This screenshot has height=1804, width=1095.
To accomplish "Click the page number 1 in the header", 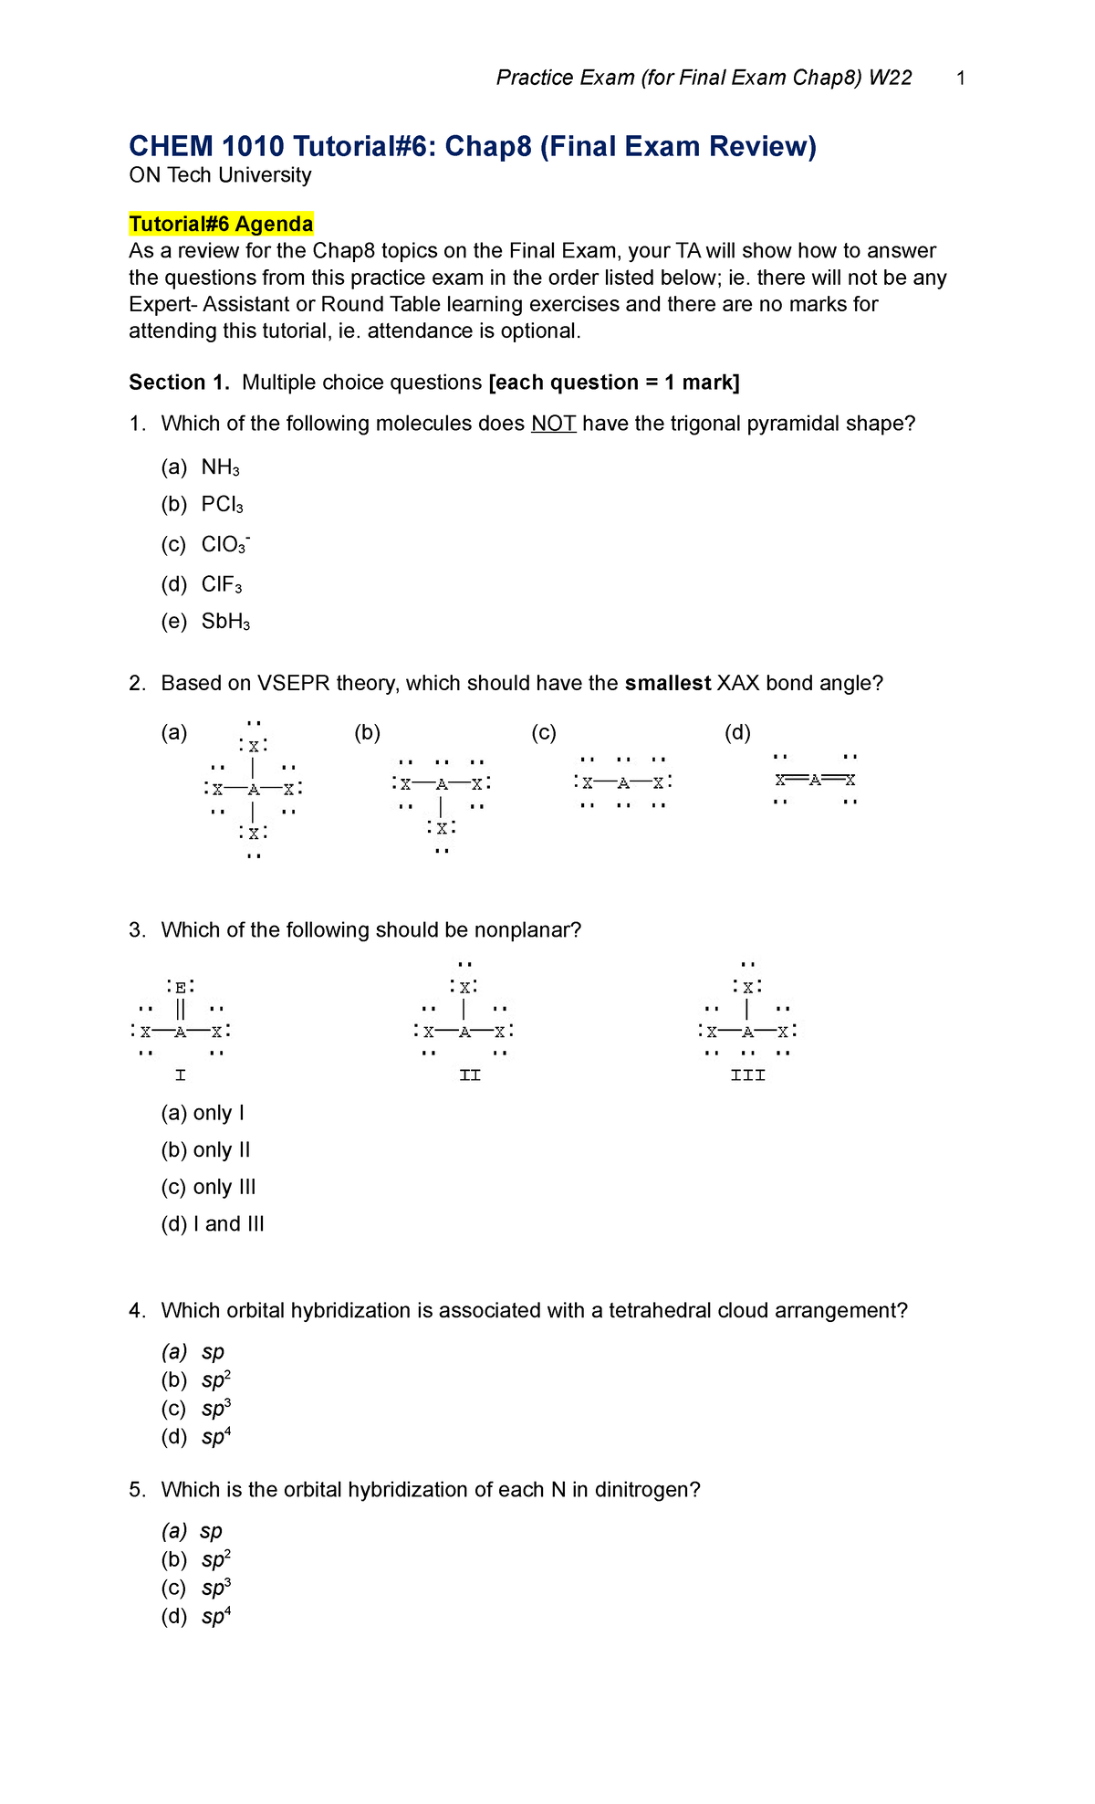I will [961, 79].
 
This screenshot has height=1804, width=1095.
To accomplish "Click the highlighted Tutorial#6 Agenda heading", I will [221, 224].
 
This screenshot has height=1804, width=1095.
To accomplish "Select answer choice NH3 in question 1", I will [220, 467].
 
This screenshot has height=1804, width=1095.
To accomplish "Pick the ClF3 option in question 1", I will [221, 584].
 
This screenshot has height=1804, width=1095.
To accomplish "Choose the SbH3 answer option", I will [224, 622].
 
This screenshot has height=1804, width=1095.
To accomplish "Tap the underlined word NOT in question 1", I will [553, 424].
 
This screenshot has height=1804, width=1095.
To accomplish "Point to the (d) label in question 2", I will [737, 732].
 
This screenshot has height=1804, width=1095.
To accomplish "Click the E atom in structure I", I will [181, 987].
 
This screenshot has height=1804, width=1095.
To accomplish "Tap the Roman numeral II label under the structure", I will [470, 1075].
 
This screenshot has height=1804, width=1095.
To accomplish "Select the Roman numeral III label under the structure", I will [748, 1075].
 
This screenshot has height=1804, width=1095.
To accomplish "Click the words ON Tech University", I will [220, 175].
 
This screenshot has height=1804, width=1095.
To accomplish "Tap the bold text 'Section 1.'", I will [179, 383].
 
